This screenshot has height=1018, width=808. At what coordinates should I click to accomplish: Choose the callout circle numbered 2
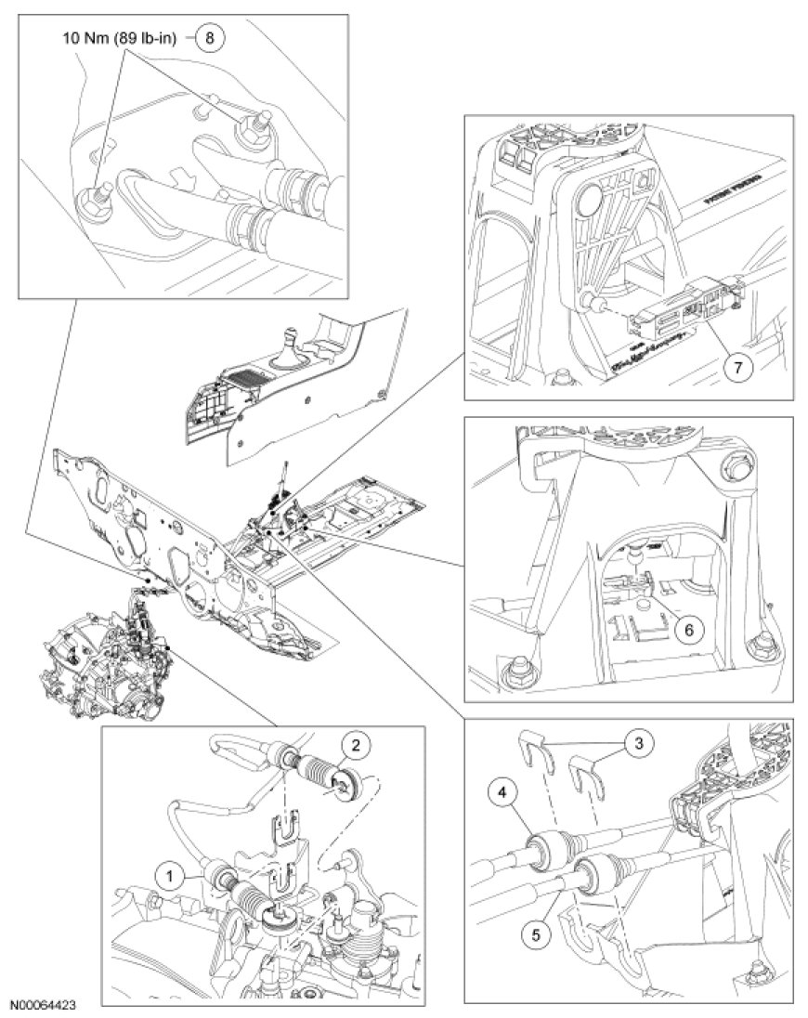coord(354,745)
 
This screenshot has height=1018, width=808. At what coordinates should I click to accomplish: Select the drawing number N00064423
coord(44,1005)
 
